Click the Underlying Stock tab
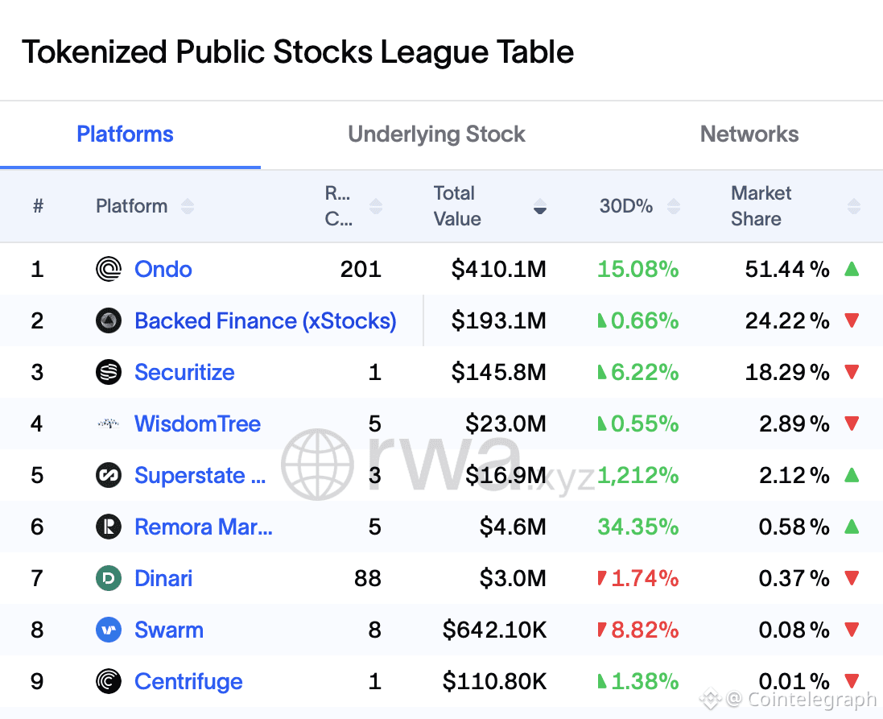coord(436,134)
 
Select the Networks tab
coord(749,134)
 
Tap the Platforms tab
coord(125,134)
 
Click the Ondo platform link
coord(163,269)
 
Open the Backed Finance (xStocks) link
coord(265,320)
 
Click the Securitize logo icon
coord(109,372)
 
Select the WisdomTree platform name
coord(197,424)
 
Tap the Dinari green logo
coord(109,578)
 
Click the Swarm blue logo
coord(109,630)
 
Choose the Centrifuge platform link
coord(188,681)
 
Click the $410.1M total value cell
coord(498,269)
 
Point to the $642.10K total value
coord(494,630)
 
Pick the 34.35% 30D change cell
coord(637,527)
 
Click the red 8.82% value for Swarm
coord(644,630)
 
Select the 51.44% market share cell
coord(786,269)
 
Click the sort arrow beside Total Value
coord(540,207)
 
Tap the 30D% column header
coord(626,206)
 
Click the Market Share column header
coord(761,206)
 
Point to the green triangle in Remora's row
coord(852,527)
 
